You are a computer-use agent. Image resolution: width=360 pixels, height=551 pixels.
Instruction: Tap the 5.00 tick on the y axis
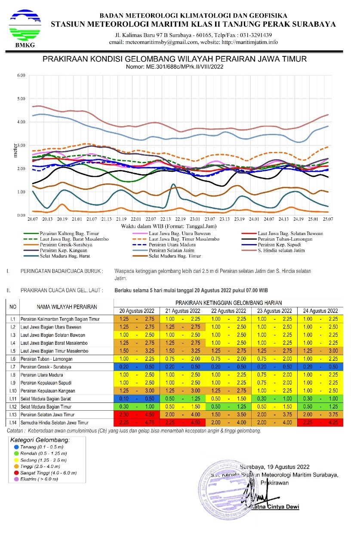(x=21, y=99)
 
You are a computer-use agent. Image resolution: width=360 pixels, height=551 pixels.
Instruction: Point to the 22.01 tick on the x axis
(x=136, y=220)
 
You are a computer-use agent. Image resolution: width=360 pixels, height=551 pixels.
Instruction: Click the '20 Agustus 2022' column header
(x=136, y=311)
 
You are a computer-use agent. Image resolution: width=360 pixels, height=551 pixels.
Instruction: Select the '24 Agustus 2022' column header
(x=320, y=311)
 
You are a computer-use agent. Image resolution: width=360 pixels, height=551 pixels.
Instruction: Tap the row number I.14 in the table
(x=13, y=423)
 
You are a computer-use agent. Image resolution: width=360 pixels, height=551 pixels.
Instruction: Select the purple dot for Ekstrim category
(x=16, y=479)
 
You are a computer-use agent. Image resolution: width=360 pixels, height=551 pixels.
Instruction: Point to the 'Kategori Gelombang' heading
(x=40, y=440)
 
